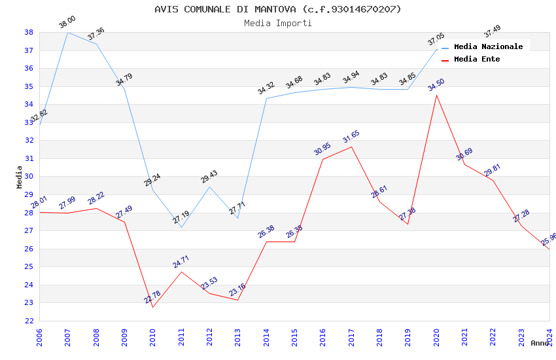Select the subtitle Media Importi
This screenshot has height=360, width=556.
click(x=278, y=24)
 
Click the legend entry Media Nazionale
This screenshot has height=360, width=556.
click(x=488, y=47)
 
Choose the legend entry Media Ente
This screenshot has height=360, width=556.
click(x=477, y=60)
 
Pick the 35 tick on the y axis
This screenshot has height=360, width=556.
click(x=29, y=86)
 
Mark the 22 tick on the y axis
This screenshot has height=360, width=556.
click(x=29, y=321)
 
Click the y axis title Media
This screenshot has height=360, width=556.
click(x=20, y=177)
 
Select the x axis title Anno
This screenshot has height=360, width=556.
click(x=540, y=343)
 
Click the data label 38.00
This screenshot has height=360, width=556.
click(x=67, y=23)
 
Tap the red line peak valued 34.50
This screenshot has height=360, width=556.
click(x=436, y=95)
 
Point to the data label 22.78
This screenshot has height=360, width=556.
click(x=152, y=297)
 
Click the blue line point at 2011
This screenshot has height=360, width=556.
click(x=181, y=227)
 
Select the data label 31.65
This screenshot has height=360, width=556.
click(x=351, y=137)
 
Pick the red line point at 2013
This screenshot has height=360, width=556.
click(x=237, y=300)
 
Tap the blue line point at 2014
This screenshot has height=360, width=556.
click(x=266, y=98)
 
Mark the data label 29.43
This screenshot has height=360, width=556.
click(x=209, y=177)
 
